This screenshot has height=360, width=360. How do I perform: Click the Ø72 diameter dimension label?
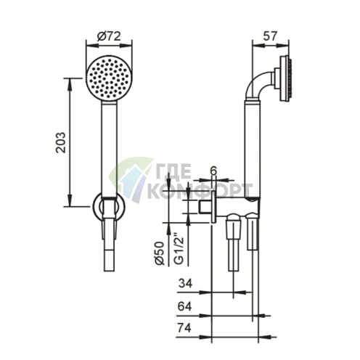pos(109,36)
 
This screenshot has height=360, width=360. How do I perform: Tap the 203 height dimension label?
pos(60,142)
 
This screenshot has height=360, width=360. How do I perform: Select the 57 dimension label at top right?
pos(270,36)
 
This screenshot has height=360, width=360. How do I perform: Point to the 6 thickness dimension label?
pos(213,171)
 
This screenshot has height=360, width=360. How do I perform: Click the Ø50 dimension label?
pos(160,253)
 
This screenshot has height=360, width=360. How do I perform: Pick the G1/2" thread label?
pos(179,248)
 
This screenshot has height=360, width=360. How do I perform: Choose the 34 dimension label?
pos(185,283)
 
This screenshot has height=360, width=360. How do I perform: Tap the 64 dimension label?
pos(185,306)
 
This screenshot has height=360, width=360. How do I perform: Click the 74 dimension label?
pos(184,328)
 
